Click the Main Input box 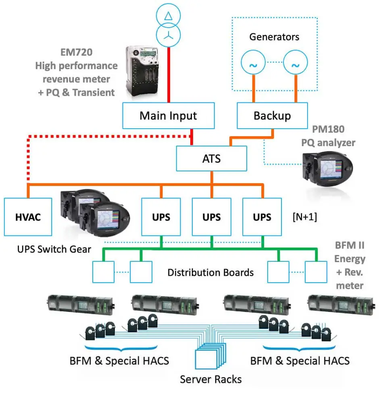click(x=168, y=116)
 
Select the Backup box click(x=272, y=116)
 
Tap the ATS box click(x=212, y=158)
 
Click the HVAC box click(x=28, y=217)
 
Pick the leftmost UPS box click(x=161, y=217)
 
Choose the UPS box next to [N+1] click(x=262, y=217)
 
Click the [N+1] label click(x=305, y=217)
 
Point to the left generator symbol click(x=253, y=65)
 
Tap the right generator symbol click(x=296, y=65)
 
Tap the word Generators click(x=274, y=37)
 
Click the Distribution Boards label click(x=210, y=272)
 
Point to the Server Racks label click(x=210, y=379)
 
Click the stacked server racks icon click(x=209, y=357)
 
